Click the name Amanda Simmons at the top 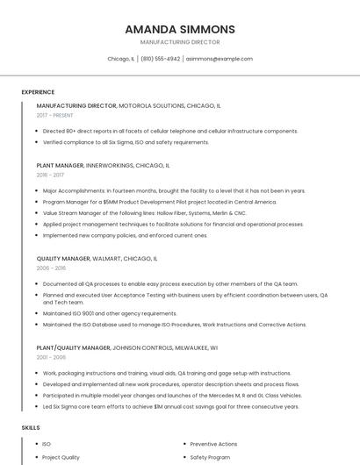pos(180,29)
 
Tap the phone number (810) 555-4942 pos(160,59)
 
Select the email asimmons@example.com pos(219,59)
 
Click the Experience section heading pos(38,92)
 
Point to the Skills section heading pos(31,427)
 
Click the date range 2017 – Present pos(54,115)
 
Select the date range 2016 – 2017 pos(50,175)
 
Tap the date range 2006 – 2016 pos(51,268)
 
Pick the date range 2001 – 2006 pos(51,357)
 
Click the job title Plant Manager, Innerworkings pos(103,165)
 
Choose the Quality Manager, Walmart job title pos(97,259)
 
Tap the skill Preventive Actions pos(213,444)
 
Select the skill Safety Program pos(209,457)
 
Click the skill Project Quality pos(61,457)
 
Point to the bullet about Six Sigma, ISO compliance pos(126,142)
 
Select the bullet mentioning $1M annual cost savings pos(170,406)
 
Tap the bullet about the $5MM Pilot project pos(147,202)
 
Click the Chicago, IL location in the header pos(120,59)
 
